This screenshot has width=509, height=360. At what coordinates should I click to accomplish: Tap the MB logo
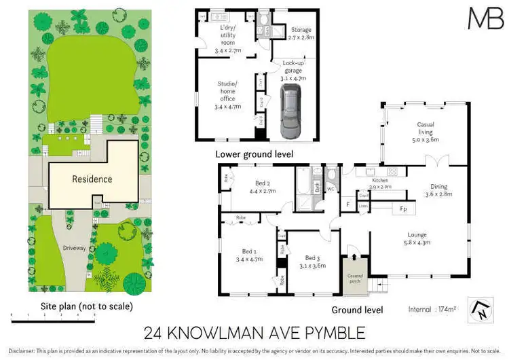click(x=485, y=18)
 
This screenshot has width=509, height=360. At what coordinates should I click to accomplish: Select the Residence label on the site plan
click(x=93, y=179)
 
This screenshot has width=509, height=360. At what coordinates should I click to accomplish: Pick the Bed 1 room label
click(x=242, y=255)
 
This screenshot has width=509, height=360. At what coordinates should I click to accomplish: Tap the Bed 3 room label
click(x=312, y=261)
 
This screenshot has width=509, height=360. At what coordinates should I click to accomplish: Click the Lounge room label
click(x=418, y=238)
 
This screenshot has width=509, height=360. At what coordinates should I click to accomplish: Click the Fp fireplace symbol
click(x=402, y=209)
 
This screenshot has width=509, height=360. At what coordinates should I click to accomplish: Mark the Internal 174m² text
click(x=432, y=309)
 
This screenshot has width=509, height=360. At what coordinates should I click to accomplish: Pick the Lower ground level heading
click(x=254, y=154)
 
